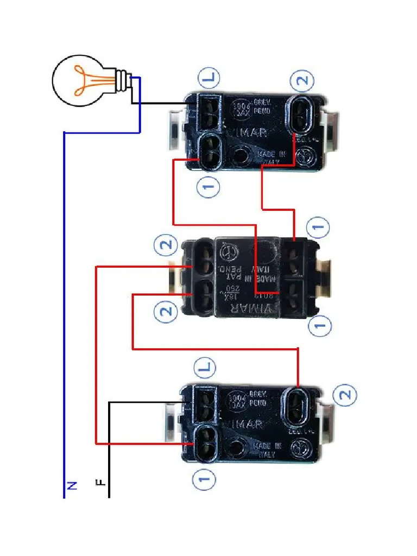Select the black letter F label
100,482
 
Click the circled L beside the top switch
209,79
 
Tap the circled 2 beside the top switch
302,81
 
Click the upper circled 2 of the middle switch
166,245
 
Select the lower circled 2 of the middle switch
166,311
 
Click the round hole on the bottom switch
236,448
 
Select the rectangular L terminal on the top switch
208,111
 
